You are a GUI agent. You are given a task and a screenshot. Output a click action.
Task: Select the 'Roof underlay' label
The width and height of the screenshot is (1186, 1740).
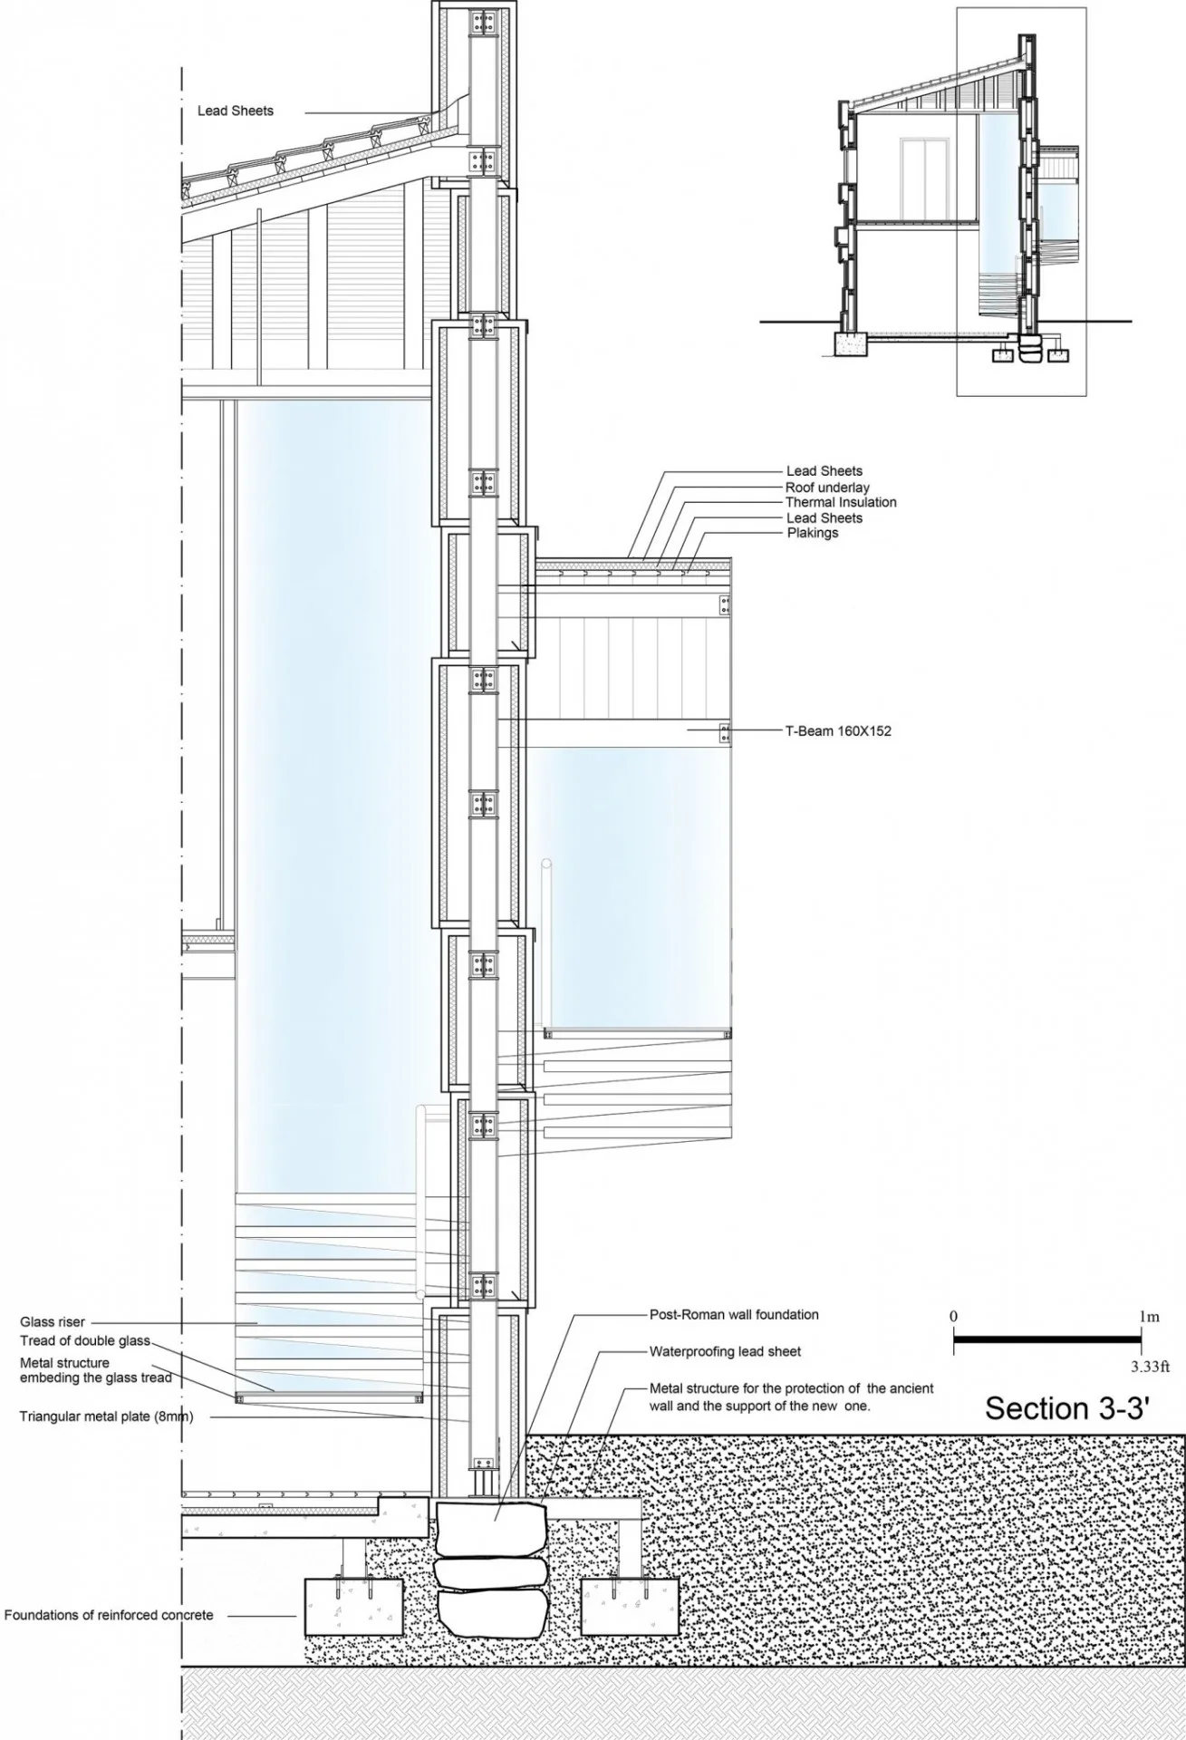827,488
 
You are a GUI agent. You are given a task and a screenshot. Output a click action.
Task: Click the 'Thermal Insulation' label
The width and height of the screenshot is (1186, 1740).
841,502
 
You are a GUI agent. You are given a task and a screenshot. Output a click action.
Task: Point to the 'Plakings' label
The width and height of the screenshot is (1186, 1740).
813,533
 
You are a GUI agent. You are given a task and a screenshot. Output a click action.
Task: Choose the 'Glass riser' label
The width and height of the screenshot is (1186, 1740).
53,1322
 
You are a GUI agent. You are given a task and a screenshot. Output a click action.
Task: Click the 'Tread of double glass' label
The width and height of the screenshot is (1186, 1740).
85,1340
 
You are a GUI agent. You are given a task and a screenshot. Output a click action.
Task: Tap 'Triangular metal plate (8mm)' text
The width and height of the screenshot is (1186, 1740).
107,1416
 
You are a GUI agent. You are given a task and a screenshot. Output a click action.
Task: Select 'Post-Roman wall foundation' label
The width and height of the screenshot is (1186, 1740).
734,1314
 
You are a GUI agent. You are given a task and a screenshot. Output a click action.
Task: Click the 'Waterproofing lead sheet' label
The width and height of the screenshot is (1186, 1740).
726,1351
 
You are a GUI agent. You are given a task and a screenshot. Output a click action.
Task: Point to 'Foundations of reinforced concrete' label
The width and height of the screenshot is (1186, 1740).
109,1615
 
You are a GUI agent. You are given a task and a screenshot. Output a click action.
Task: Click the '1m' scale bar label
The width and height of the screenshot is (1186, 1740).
1150,1317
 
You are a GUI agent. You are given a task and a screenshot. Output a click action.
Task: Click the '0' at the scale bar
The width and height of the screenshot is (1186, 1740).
954,1316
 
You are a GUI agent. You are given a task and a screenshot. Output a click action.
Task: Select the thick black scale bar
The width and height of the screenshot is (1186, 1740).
1047,1339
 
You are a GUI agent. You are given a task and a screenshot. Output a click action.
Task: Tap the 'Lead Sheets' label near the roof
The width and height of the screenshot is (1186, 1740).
236,111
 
